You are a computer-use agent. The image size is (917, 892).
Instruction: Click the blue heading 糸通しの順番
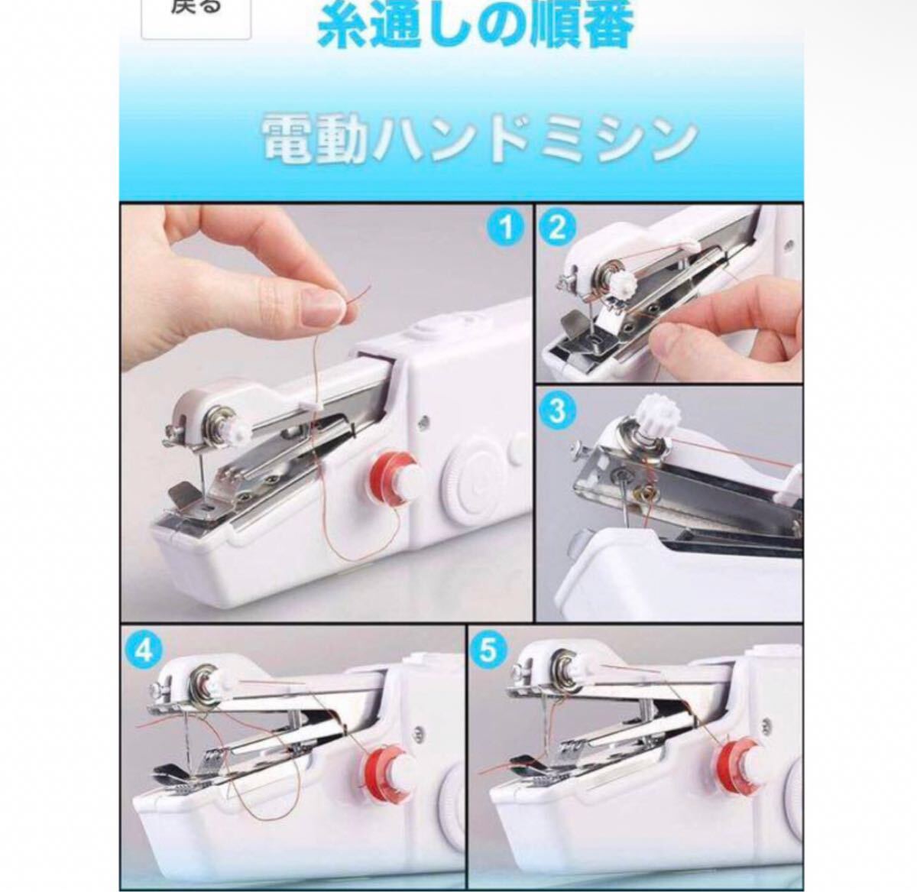click(475, 24)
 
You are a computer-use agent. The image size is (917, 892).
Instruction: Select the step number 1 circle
click(505, 229)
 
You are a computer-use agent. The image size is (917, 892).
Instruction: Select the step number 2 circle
click(557, 229)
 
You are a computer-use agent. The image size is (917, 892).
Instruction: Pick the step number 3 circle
click(557, 410)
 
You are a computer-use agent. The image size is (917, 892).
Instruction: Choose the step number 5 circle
click(488, 650)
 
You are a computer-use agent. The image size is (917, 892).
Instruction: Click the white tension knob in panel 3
click(659, 414)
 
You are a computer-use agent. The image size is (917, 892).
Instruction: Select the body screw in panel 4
click(417, 731)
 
